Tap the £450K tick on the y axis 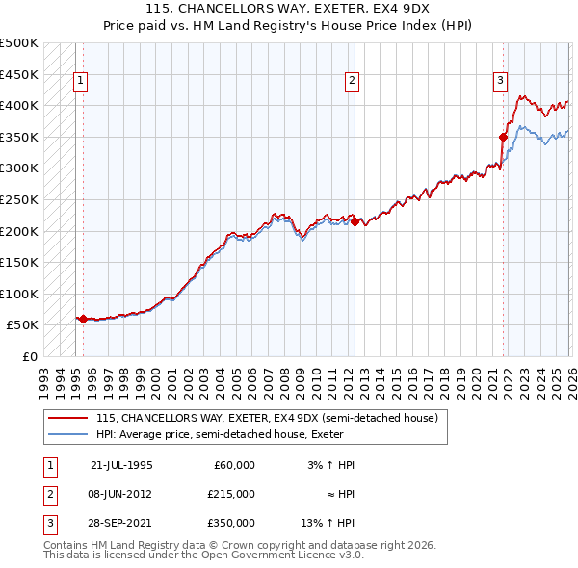click(x=19, y=74)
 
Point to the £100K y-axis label click(x=19, y=294)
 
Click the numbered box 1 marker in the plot click(x=81, y=82)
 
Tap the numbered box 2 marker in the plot click(x=353, y=82)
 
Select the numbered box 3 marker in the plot click(x=501, y=82)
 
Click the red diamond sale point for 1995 click(x=83, y=319)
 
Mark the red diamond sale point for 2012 click(x=354, y=221)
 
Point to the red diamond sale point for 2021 click(x=503, y=137)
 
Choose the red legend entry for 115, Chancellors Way click(x=267, y=418)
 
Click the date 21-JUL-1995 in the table click(x=121, y=465)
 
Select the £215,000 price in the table click(x=231, y=493)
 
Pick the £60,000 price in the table click(x=234, y=465)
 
